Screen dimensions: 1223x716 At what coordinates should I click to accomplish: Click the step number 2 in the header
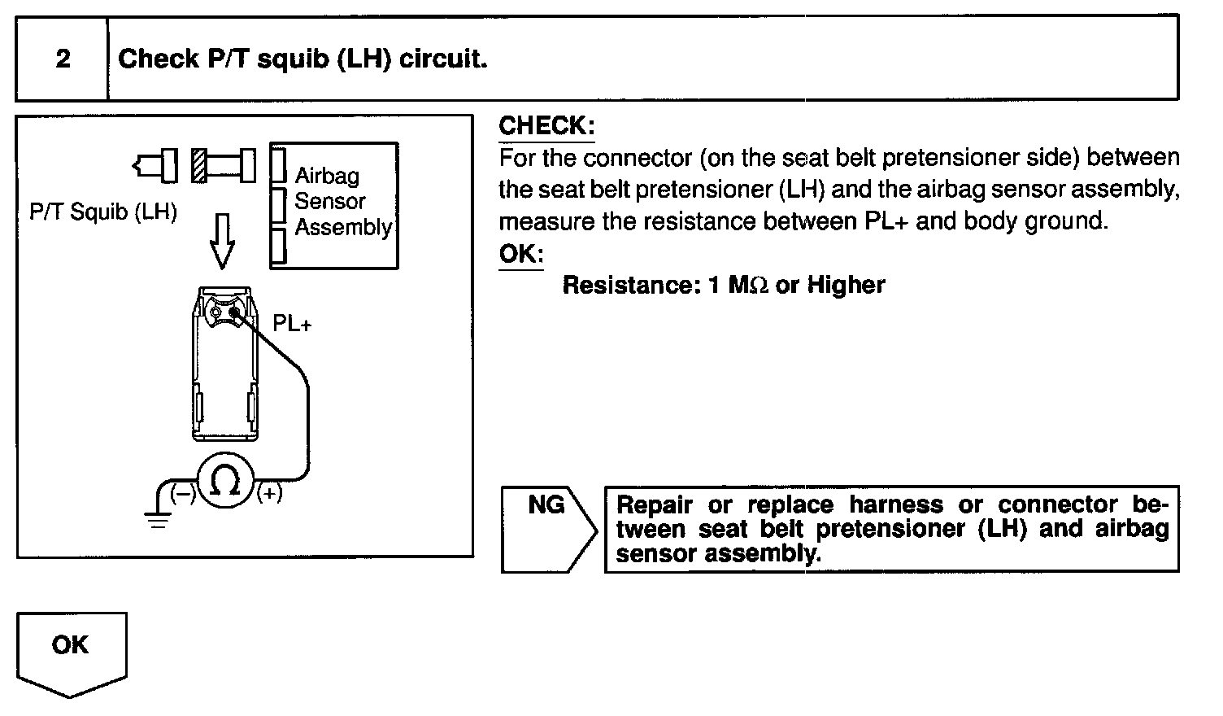coord(63,59)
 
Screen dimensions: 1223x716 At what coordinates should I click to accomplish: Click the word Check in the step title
coord(158,59)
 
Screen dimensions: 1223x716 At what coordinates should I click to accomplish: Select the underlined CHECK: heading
coord(546,126)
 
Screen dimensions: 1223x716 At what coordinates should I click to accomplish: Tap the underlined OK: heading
coord(520,253)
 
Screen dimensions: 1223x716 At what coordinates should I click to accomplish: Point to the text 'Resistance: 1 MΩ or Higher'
coord(723,285)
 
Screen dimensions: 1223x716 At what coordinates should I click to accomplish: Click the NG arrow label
coord(546,505)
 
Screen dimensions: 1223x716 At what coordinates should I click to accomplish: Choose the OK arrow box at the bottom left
coord(71,646)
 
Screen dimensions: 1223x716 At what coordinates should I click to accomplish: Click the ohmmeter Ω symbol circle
coord(225,482)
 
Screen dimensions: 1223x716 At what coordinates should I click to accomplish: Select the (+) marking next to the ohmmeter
coord(269,492)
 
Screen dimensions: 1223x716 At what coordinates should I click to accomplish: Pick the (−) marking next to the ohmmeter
coord(183,492)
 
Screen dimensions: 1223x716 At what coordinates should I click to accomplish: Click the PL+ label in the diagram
coord(292,324)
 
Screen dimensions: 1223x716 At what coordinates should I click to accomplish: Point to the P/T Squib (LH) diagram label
coord(103,212)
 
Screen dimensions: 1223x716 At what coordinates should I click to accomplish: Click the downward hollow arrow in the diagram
coord(221,241)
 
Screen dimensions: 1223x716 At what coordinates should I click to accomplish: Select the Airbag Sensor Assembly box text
coord(342,201)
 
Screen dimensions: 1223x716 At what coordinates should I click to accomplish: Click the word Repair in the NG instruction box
coord(655,505)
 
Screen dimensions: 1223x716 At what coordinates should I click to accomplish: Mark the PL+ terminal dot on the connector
coord(234,311)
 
